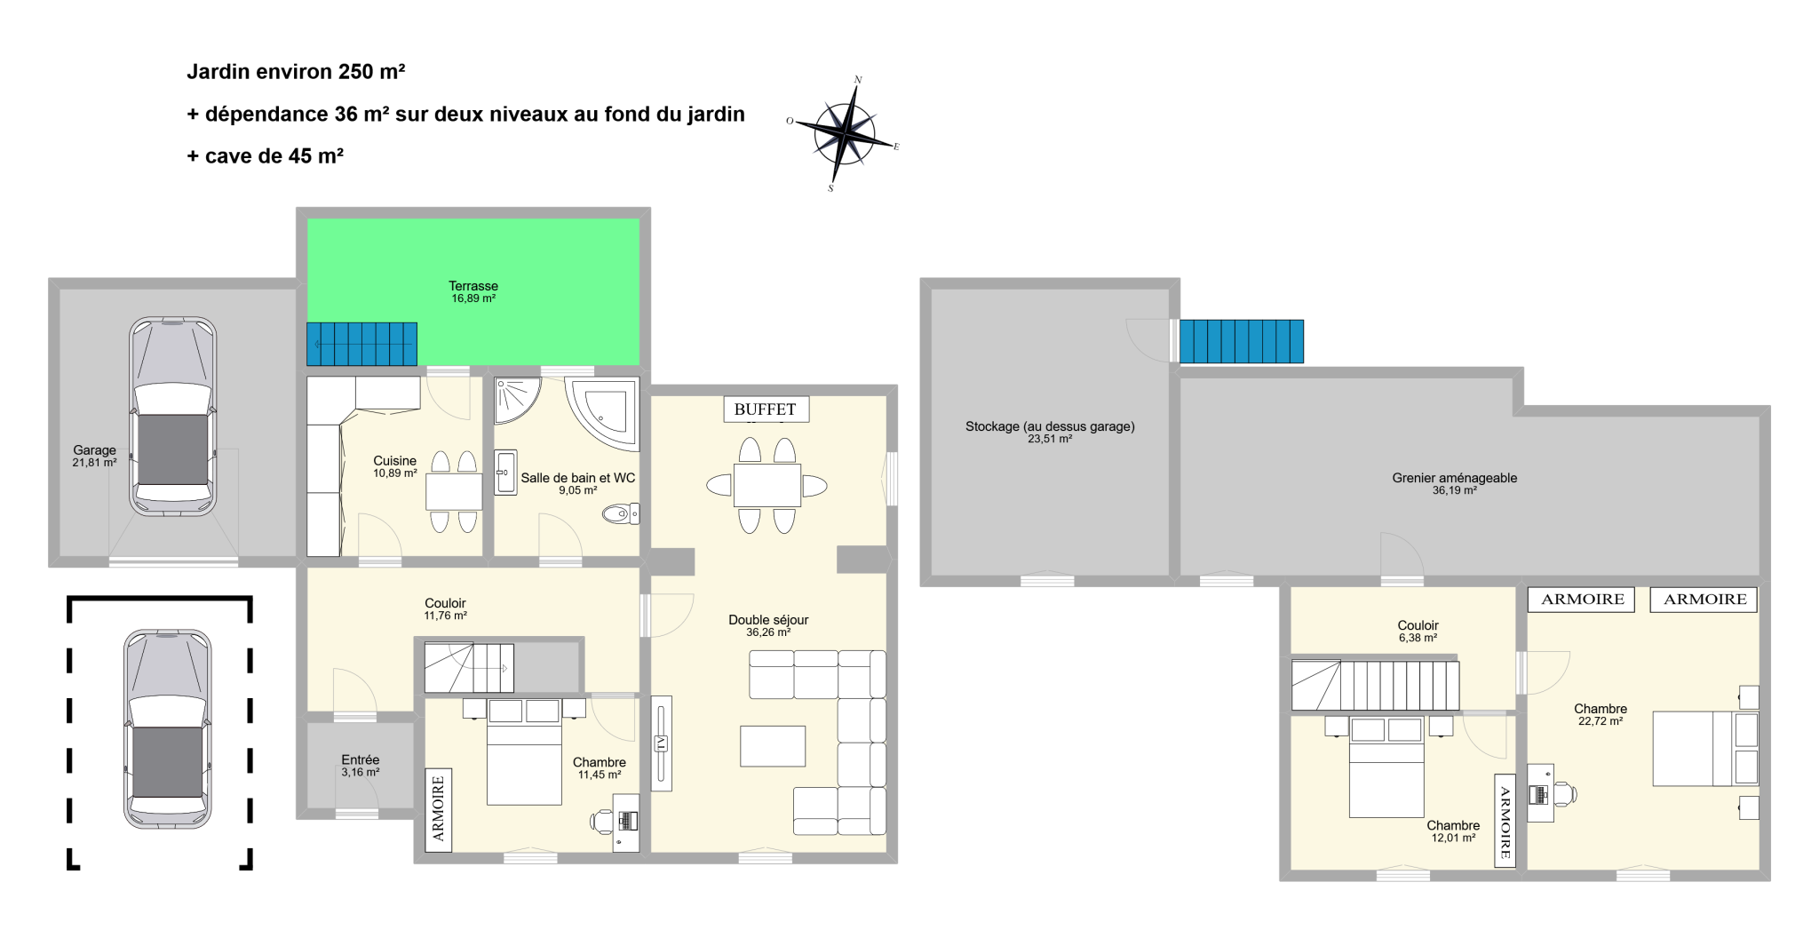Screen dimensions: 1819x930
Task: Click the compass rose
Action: (845, 133)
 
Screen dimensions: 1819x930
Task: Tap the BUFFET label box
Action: (766, 409)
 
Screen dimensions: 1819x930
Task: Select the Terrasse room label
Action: (473, 291)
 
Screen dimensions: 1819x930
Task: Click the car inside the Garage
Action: (173, 417)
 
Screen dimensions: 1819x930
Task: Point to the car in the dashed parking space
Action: (168, 729)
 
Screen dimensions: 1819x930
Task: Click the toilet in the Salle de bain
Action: (621, 513)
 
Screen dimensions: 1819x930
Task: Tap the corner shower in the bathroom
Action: (518, 401)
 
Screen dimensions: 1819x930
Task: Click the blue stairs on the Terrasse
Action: (362, 344)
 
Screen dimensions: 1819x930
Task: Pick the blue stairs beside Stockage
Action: (1242, 341)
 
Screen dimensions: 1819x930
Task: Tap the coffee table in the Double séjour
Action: (773, 746)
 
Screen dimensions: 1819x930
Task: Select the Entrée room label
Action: (361, 766)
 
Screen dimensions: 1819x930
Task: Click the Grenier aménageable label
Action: (1455, 483)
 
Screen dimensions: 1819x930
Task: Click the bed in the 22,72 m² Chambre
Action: (1705, 748)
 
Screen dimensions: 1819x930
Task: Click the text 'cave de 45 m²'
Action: (274, 156)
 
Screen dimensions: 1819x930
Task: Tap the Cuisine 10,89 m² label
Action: (395, 466)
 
